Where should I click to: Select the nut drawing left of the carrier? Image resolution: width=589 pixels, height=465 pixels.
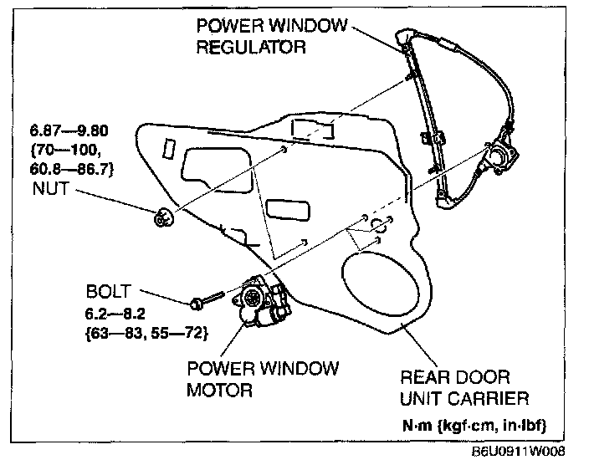pos(161,219)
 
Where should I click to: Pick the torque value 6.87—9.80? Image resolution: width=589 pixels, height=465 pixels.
pos(79,131)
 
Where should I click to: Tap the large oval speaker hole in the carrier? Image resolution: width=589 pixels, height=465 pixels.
pos(380,288)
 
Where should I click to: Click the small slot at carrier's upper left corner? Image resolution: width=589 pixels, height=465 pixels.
pos(168,147)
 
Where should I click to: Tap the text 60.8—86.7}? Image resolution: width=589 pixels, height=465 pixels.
pos(80,170)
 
